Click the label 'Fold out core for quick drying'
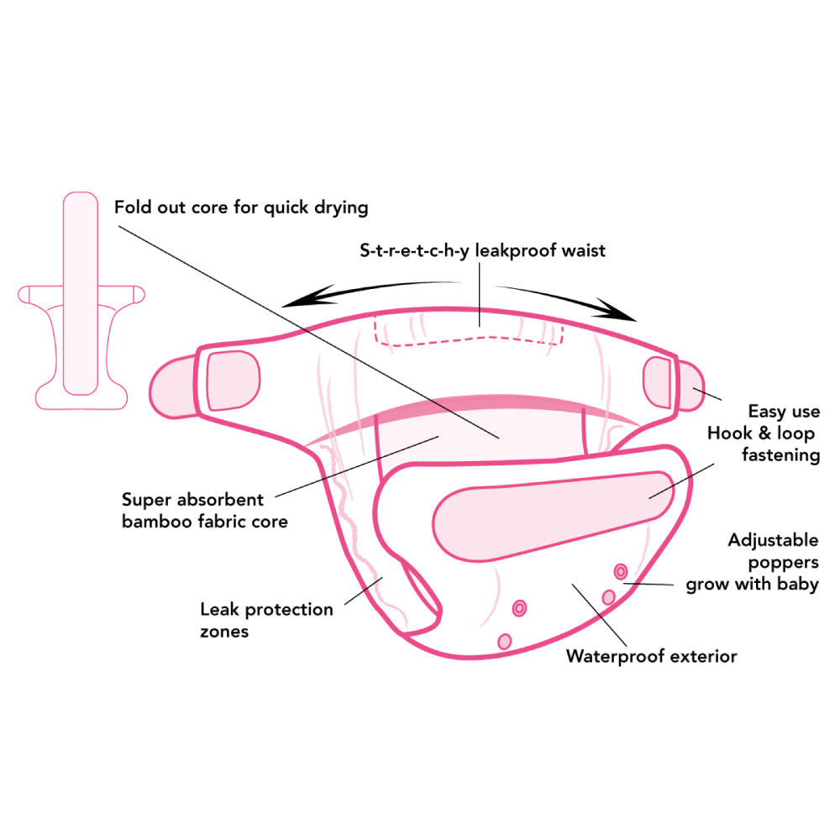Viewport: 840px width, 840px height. point(241,206)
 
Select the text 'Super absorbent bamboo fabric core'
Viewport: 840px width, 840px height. point(204,510)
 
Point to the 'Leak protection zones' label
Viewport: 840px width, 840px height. point(266,620)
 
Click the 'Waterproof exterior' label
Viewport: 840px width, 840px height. point(651,656)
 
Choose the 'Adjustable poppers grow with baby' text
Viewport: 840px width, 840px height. point(752,562)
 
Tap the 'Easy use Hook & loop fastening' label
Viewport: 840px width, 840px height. point(763,433)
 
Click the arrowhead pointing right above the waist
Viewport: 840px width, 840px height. point(622,312)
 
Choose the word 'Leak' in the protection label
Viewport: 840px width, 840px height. point(220,609)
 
